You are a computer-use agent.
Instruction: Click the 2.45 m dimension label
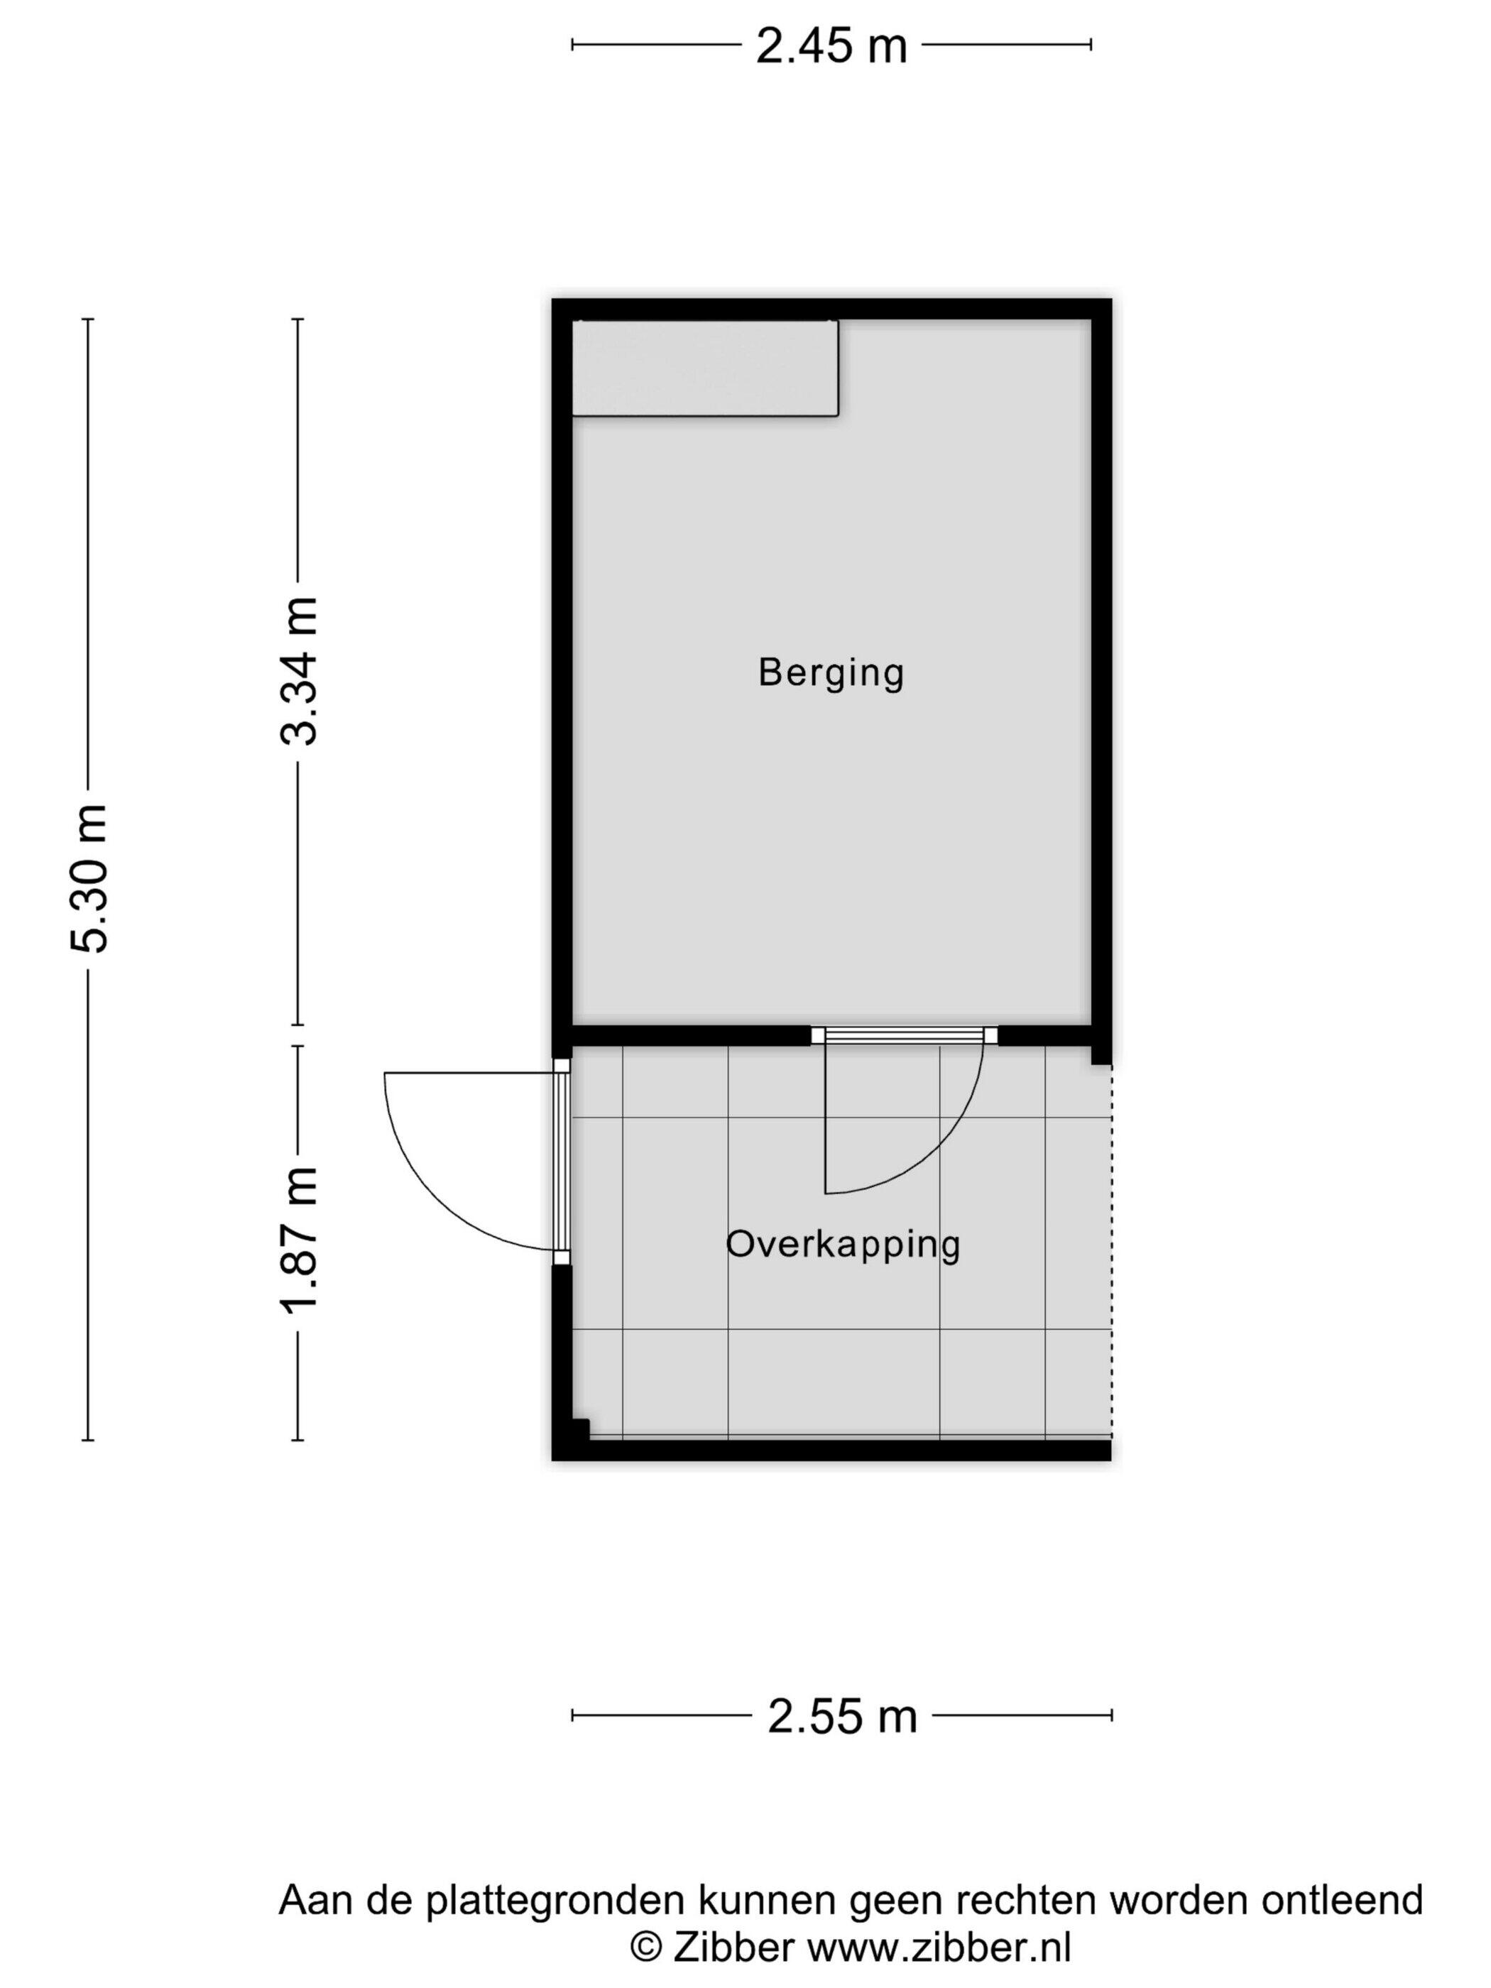coord(831,46)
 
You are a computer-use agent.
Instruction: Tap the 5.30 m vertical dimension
coord(89,878)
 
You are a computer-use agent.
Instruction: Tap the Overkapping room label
coord(843,1245)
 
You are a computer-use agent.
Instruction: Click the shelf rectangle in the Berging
coord(706,368)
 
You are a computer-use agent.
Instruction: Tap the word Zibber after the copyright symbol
coord(729,1948)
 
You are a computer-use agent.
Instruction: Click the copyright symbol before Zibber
coord(645,1948)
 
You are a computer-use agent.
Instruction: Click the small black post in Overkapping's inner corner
coord(579,1429)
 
